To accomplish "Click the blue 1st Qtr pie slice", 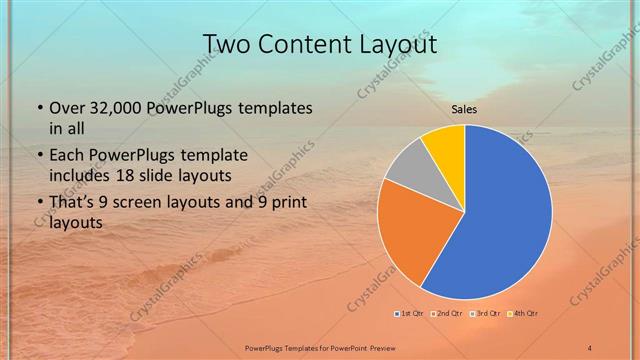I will [505, 220].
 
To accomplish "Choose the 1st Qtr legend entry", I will [409, 314].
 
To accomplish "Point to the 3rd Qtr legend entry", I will [487, 314].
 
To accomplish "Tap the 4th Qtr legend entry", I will [525, 314].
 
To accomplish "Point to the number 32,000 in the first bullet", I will [114, 108].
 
